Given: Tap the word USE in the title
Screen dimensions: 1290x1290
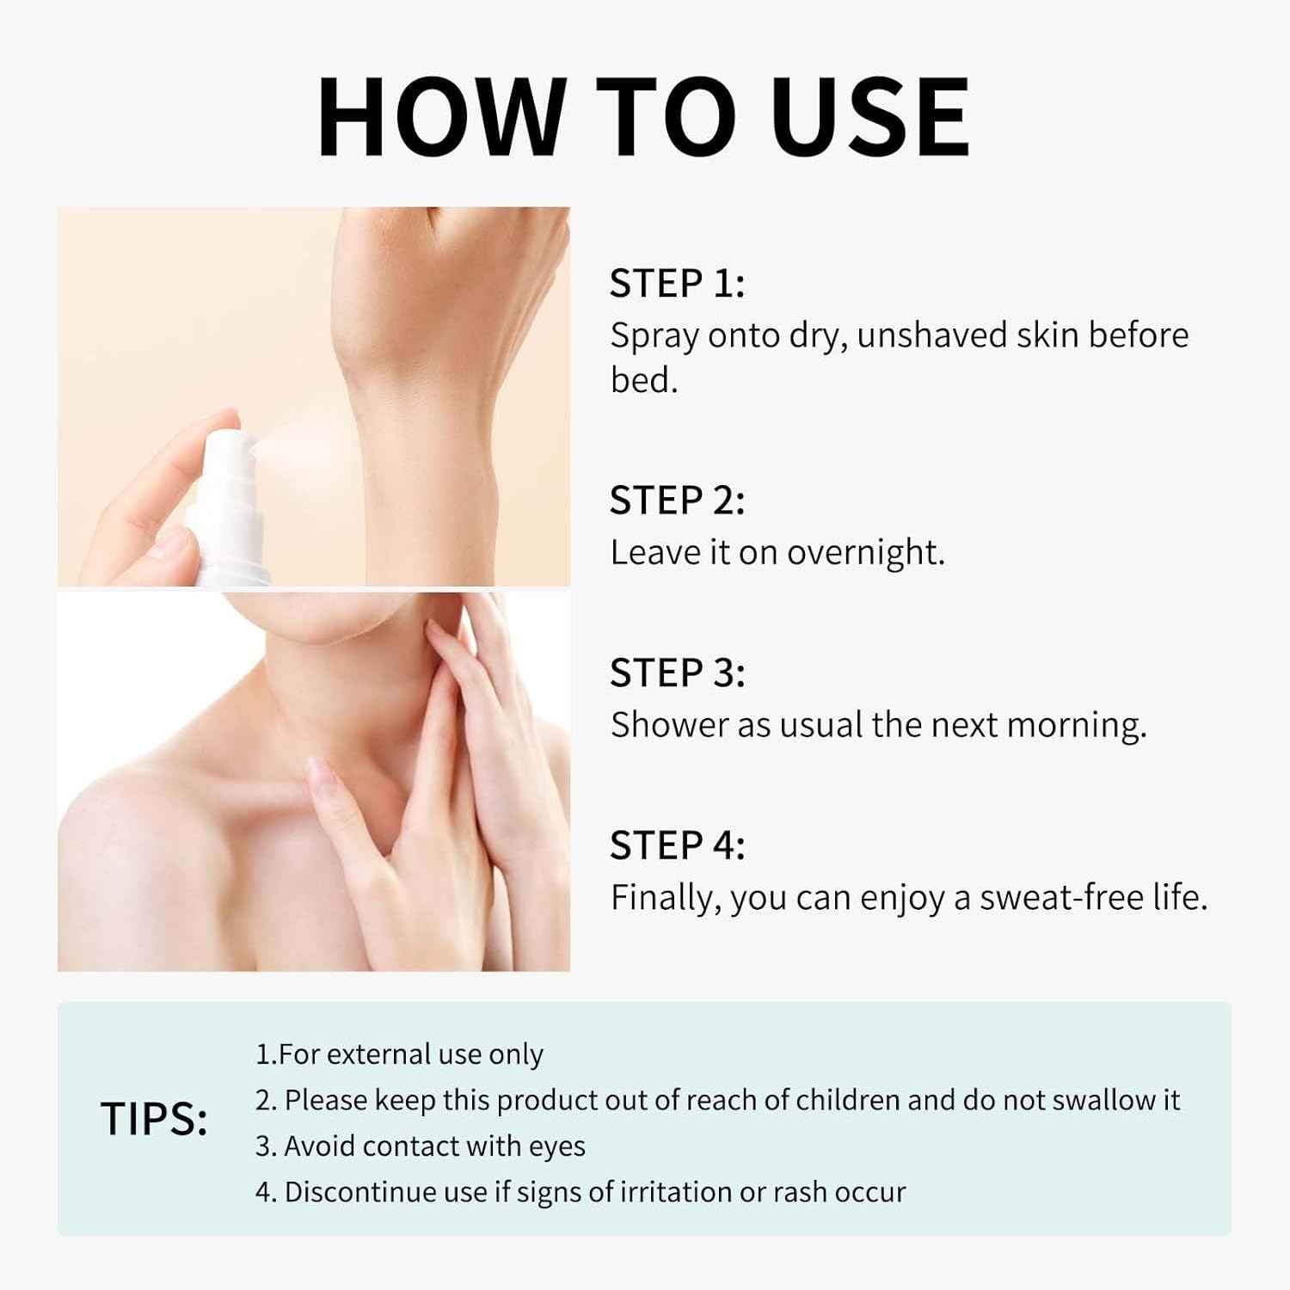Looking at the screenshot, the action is click(x=870, y=117).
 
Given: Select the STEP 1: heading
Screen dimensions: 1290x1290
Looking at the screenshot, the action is click(x=677, y=283).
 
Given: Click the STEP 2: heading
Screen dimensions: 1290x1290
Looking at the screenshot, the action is click(x=677, y=500).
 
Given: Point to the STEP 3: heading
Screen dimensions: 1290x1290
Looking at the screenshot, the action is click(x=677, y=673).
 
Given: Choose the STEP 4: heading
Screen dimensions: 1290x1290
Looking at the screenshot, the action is click(x=677, y=845).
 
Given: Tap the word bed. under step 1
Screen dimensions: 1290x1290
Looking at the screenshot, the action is click(x=644, y=379).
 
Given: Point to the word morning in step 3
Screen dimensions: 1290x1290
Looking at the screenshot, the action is click(x=1076, y=726).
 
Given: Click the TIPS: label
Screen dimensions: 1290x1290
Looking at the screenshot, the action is click(x=154, y=1119).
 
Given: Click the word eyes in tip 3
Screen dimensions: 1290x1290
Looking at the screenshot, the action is click(x=556, y=1147).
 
